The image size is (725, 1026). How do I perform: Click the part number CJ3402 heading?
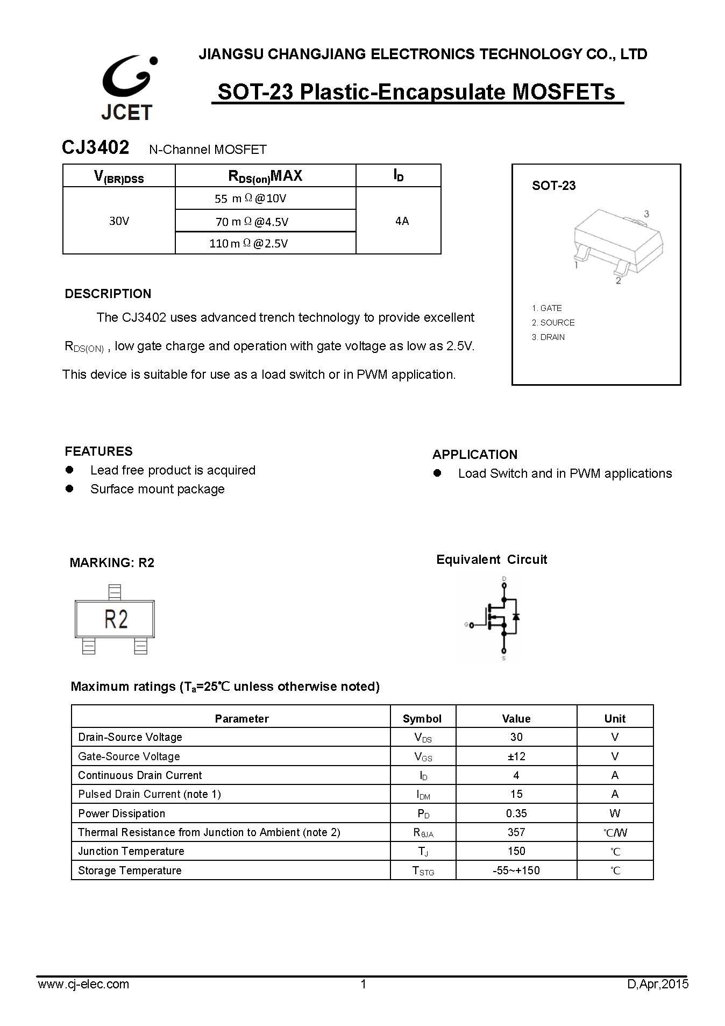pos(95,147)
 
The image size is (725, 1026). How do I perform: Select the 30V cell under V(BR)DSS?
pos(119,221)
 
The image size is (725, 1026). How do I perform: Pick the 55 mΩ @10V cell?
pos(250,199)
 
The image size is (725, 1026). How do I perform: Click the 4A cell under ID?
pos(402,221)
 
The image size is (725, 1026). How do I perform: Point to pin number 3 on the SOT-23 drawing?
pos(646,214)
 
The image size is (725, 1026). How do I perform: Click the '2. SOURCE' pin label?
pos(553,323)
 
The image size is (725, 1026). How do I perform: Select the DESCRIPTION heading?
pos(108,294)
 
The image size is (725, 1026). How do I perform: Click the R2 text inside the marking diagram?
pos(116,619)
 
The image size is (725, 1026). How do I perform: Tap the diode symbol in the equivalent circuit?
pos(516,616)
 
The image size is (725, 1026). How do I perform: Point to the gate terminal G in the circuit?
pos(467,625)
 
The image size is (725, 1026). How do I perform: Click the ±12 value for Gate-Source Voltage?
pos(516,756)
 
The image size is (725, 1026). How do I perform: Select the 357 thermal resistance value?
pos(516,832)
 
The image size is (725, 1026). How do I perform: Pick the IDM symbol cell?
pos(423,795)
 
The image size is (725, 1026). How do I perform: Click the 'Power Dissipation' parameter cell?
pos(122,813)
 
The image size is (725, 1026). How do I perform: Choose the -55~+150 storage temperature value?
pos(516,871)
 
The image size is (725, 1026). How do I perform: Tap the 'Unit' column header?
pos(614,719)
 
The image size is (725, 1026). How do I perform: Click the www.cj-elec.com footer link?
pos(83,985)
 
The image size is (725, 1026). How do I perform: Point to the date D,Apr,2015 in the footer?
pos(657,985)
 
